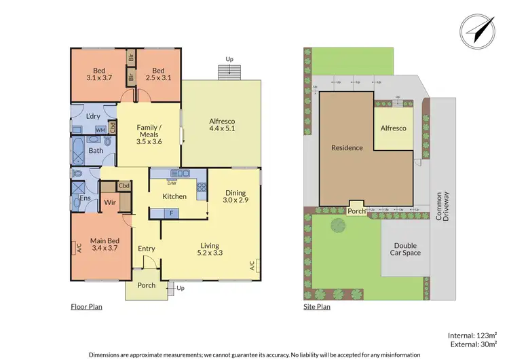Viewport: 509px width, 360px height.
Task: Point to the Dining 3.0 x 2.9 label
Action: [x=237, y=196]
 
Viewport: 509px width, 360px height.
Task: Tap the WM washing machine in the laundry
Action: [x=100, y=129]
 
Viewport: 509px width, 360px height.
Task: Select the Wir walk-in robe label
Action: [x=110, y=202]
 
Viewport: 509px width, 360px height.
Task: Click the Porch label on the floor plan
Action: [x=147, y=285]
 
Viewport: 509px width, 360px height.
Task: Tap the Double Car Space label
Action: [x=406, y=249]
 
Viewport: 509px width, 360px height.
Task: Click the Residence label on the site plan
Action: [x=347, y=147]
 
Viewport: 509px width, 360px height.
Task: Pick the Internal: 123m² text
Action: [x=472, y=336]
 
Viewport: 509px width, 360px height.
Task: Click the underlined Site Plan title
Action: [x=316, y=307]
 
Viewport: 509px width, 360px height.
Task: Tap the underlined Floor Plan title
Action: [x=86, y=307]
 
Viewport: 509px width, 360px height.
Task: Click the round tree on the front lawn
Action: [x=337, y=225]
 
